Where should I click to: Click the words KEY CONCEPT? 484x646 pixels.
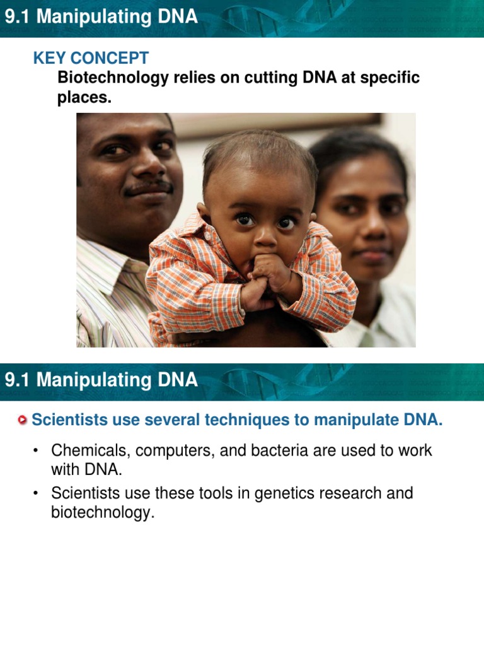coord(91,59)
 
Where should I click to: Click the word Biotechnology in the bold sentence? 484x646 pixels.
coord(111,78)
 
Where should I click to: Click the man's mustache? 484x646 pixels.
coord(147,187)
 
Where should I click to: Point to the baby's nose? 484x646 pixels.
coord(265,235)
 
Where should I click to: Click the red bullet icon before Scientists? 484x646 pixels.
coord(23,420)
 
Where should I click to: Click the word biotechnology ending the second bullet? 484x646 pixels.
coord(102,513)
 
